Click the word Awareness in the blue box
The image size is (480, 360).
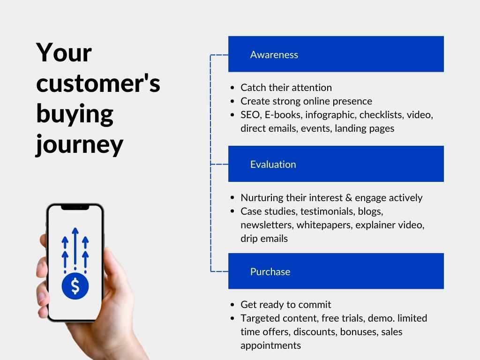click(x=274, y=54)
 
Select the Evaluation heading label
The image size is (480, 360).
click(x=273, y=165)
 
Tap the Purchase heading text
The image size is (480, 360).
click(x=270, y=271)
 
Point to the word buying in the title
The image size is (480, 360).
click(x=75, y=114)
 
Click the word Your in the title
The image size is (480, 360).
click(x=64, y=52)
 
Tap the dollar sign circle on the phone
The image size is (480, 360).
click(x=75, y=286)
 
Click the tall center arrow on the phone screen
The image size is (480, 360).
click(x=75, y=248)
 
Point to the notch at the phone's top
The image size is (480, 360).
click(x=75, y=208)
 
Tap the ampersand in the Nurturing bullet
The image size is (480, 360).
click(x=349, y=198)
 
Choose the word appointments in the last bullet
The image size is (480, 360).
click(x=270, y=345)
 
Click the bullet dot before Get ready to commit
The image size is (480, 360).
click(x=232, y=305)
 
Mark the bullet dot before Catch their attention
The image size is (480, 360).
click(x=232, y=88)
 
